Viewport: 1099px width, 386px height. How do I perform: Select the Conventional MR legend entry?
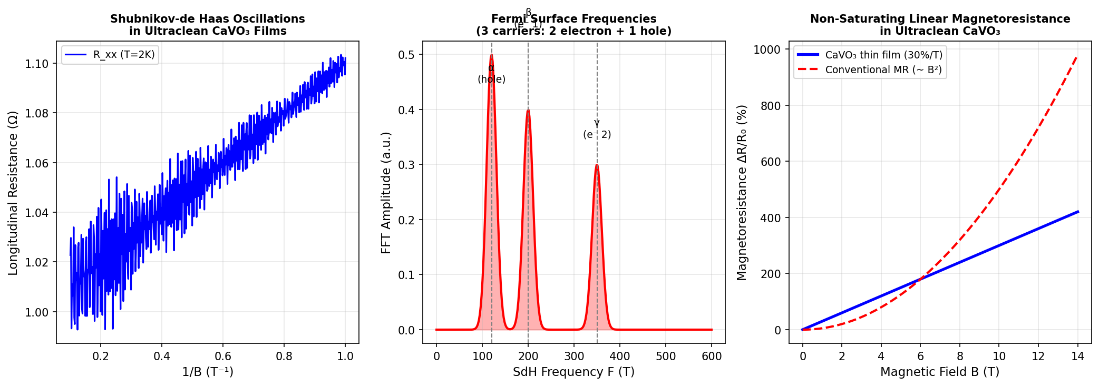coord(883,70)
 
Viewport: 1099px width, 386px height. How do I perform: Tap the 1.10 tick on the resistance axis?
coord(37,64)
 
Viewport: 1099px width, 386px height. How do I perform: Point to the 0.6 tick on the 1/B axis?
coord(223,356)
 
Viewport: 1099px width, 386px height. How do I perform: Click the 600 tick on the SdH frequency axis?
coord(712,356)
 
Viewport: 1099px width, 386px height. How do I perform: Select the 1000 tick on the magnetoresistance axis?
coord(767,50)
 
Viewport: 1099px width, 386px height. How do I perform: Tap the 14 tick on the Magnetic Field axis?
coord(1077,356)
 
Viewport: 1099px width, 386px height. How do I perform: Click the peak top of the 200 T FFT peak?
coord(528,110)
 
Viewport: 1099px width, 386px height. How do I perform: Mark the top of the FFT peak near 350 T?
coord(597,165)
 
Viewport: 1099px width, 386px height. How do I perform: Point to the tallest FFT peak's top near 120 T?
coord(491,55)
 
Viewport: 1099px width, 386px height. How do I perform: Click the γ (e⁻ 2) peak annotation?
coord(597,129)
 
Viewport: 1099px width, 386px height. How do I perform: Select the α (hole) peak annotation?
coord(491,74)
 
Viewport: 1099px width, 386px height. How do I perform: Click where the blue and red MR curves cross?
coord(920,279)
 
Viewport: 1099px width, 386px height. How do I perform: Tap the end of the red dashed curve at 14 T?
coord(1077,56)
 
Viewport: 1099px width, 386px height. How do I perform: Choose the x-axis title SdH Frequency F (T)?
coord(573,372)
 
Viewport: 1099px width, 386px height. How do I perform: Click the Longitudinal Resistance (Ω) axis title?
coord(13,193)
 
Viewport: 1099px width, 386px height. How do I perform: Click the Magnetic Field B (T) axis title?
coord(940,372)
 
